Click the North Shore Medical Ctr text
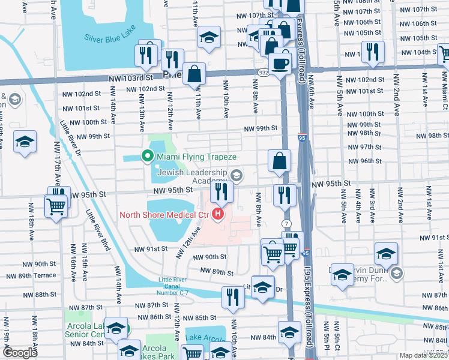(163, 214)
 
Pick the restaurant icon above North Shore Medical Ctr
(221, 191)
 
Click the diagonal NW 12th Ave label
(188, 242)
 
